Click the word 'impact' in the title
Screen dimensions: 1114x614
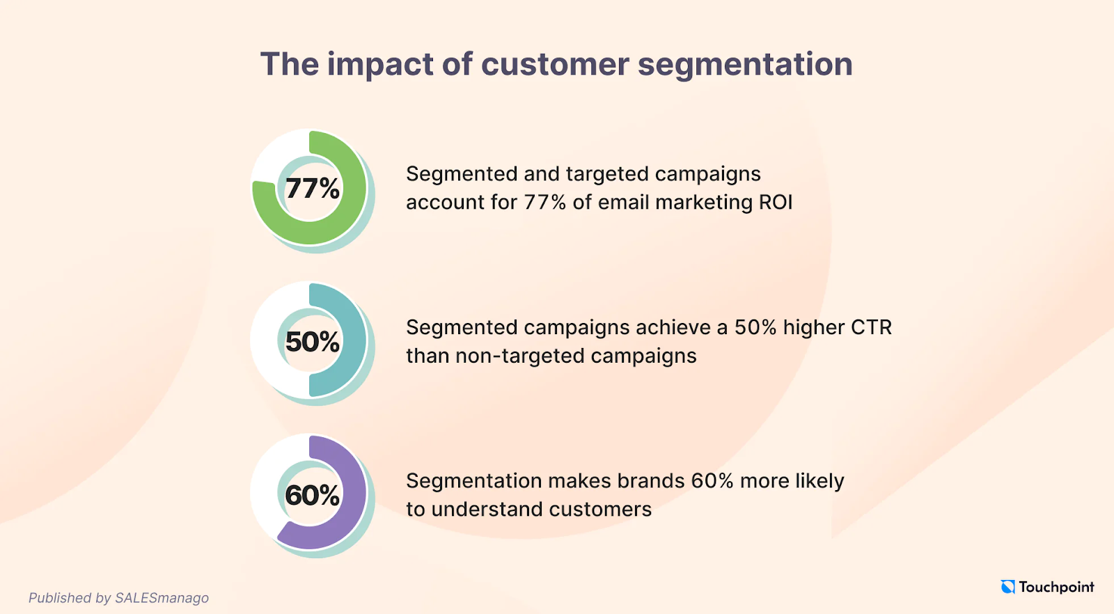click(x=380, y=65)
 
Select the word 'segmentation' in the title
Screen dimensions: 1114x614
click(x=745, y=65)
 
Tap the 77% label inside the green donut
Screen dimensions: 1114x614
click(x=313, y=189)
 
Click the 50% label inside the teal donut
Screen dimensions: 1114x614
click(x=313, y=342)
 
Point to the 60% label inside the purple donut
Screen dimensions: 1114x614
click(x=313, y=495)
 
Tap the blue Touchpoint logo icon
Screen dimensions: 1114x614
click(x=1007, y=587)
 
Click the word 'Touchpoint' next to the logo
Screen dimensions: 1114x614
click(x=1057, y=588)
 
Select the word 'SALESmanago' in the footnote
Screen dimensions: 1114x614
click(x=162, y=598)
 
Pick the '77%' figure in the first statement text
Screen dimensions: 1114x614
click(x=545, y=203)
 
